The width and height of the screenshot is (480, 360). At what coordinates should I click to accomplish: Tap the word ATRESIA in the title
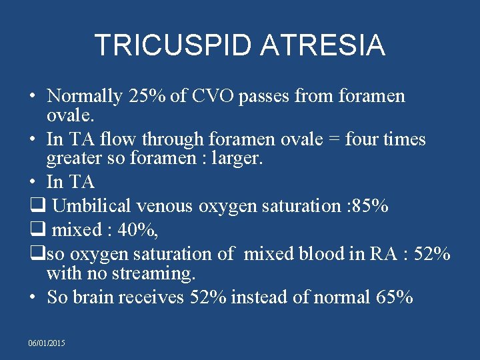[323, 45]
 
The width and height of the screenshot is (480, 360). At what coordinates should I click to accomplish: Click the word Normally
[85, 97]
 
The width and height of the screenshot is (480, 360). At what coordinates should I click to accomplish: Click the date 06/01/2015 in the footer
[47, 342]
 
